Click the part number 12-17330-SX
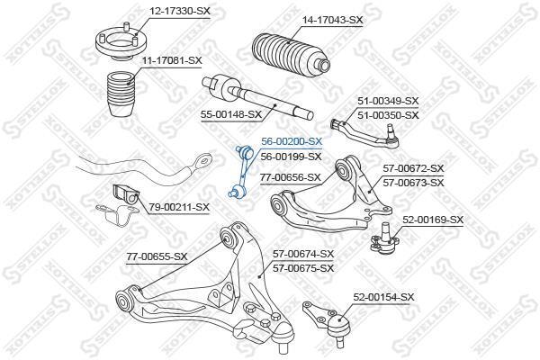[179, 11]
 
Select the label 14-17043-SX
[332, 20]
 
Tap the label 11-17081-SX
[172, 60]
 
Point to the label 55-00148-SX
[231, 114]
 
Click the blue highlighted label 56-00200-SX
[292, 141]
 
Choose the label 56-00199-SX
[291, 157]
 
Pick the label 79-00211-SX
[179, 207]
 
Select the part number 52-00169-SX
[433, 220]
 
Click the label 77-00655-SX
[157, 256]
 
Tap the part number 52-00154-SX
[383, 297]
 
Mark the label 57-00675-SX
[303, 268]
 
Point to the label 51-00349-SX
[388, 101]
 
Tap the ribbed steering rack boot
[291, 54]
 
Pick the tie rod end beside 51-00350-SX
[364, 133]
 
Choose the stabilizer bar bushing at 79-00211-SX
[126, 197]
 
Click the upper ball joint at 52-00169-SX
[384, 238]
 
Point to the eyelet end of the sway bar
[202, 161]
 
